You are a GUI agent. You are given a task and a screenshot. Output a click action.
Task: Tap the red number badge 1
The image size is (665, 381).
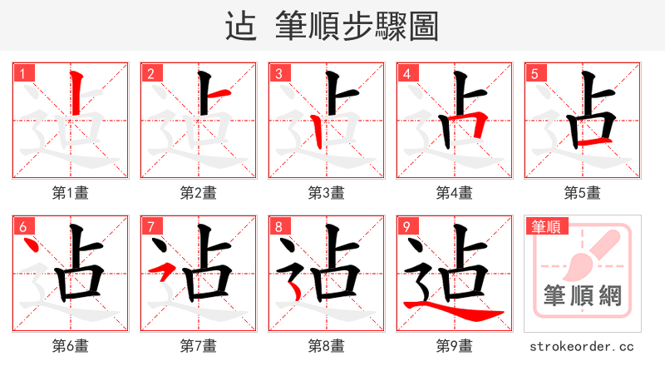click(x=22, y=74)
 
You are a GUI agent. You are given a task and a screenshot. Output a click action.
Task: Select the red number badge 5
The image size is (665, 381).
click(x=534, y=74)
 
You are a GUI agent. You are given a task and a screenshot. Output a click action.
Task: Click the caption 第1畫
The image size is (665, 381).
click(x=71, y=193)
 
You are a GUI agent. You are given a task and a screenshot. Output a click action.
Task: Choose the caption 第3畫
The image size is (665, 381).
click(x=327, y=193)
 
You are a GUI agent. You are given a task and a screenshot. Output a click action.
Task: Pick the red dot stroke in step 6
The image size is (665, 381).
click(x=32, y=246)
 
